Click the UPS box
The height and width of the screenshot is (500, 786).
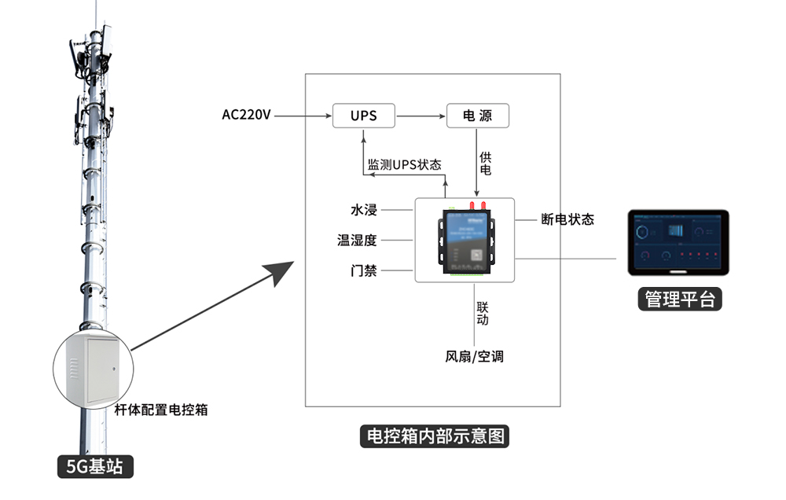[363, 116]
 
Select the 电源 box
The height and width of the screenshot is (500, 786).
[478, 116]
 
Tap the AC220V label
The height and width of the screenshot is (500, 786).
[246, 116]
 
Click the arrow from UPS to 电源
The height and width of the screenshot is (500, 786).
[421, 116]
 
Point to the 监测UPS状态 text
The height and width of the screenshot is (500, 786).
[405, 165]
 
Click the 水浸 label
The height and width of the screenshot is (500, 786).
[364, 210]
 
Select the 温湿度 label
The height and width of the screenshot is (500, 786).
[358, 240]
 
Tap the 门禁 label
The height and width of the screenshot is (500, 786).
[364, 270]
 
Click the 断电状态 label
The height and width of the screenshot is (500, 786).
[567, 219]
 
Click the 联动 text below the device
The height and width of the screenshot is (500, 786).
[483, 312]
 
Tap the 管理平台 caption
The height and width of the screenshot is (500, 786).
[680, 299]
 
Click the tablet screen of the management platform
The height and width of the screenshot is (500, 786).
[678, 242]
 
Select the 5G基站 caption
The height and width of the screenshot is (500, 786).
[95, 466]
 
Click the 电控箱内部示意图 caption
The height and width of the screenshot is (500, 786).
[433, 436]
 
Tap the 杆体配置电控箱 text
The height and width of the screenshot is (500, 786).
[161, 410]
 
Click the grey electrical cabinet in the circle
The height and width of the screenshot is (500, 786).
[92, 369]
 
